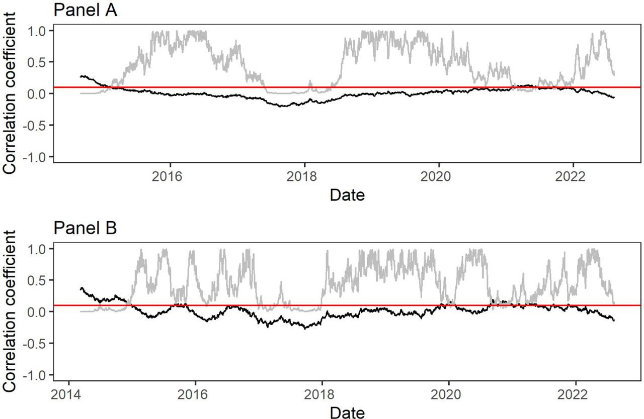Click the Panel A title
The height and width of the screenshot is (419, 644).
point(85,10)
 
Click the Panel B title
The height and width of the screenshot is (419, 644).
point(85,228)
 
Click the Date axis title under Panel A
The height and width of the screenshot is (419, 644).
point(347,195)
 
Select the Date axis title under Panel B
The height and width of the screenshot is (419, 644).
point(347,412)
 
